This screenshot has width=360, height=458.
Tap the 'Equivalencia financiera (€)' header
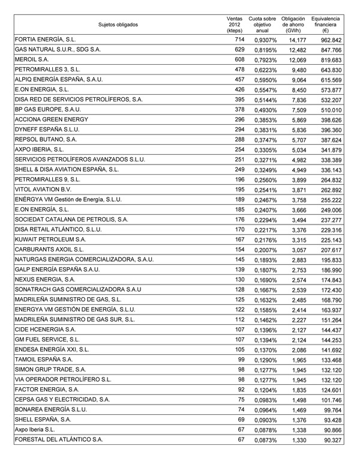pos(329,25)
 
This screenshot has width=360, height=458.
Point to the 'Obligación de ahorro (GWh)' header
pos(294,25)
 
